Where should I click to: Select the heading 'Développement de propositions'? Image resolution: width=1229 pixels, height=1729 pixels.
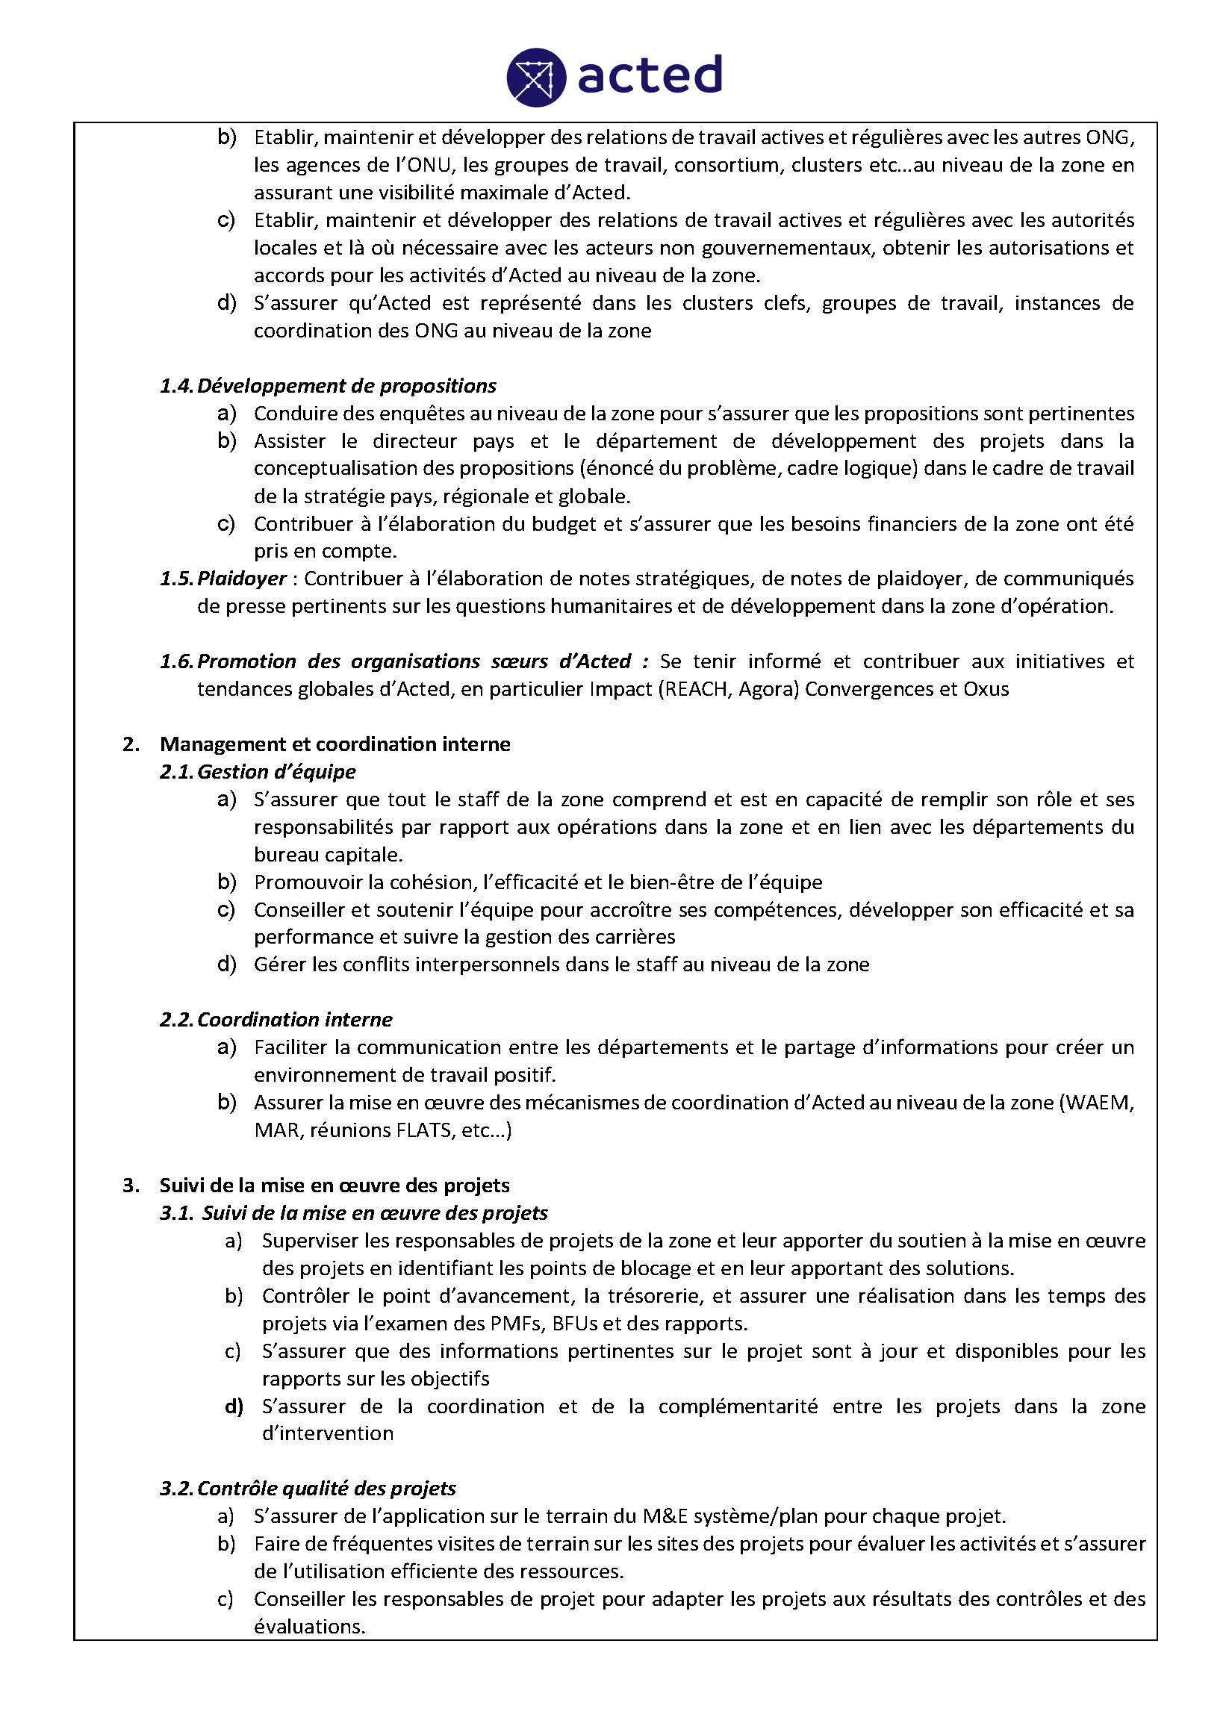click(x=346, y=386)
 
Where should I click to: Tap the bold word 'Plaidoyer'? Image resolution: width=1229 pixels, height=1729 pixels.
click(x=242, y=579)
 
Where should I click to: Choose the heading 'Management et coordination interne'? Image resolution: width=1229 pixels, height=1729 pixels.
click(x=335, y=744)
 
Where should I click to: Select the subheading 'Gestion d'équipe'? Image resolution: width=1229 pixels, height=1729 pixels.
click(x=276, y=772)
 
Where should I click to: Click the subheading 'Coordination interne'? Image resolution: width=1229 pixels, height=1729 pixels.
click(x=294, y=1020)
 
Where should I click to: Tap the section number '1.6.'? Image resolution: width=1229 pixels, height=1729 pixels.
click(x=176, y=662)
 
